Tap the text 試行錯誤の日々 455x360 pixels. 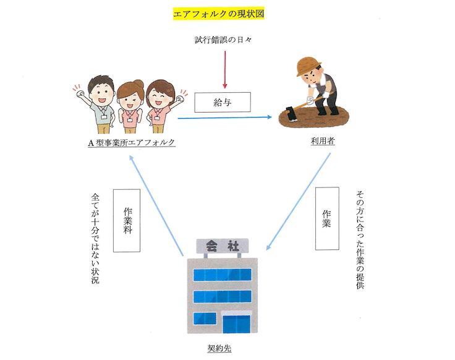[224, 41]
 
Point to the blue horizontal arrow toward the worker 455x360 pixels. [225, 117]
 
